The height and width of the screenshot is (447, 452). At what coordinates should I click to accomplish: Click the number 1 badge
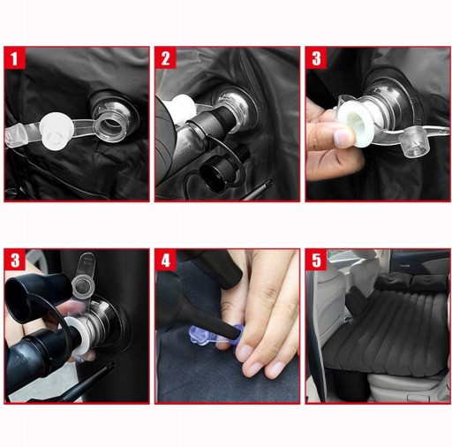pos(14,58)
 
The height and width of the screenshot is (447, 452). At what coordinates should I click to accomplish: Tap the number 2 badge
pos(166,58)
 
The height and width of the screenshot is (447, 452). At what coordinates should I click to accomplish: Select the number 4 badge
pos(166,261)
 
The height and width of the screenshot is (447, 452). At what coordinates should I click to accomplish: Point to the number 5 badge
pos(316,261)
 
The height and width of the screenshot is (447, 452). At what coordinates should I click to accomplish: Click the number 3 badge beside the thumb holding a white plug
pos(316,58)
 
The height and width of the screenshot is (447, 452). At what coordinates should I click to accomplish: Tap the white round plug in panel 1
pos(56,132)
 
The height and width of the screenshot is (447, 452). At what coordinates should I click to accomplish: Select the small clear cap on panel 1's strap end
pos(16,136)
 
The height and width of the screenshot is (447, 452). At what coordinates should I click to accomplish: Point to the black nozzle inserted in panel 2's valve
pos(215,120)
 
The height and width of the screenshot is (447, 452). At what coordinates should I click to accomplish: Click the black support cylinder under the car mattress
pos(350,385)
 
